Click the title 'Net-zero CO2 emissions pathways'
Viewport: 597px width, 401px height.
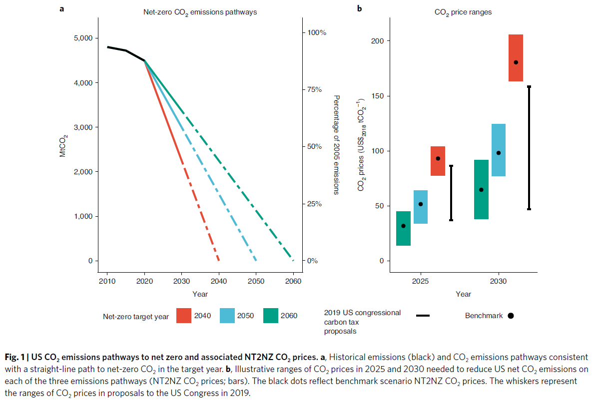pos(197,11)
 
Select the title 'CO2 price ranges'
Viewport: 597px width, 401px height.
pos(463,12)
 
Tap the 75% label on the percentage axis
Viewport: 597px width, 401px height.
pos(316,89)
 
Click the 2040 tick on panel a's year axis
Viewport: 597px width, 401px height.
pos(219,281)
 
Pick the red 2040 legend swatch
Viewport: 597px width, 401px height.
pos(187,316)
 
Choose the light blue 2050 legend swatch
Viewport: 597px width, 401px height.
pos(230,316)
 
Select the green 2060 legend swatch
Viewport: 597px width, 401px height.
pos(273,316)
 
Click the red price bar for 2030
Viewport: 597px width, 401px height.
pos(516,57)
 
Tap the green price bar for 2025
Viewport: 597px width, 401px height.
pos(403,228)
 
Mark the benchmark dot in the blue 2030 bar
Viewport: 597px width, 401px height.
pos(499,153)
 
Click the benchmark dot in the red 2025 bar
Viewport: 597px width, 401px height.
pos(438,158)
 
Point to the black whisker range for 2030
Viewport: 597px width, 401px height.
pos(529,148)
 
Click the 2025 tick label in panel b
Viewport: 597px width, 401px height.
pos(420,281)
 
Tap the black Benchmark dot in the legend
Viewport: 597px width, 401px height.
pos(511,316)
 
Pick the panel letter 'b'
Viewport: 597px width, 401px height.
pos(359,8)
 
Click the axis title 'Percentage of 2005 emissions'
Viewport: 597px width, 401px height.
pos(336,145)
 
